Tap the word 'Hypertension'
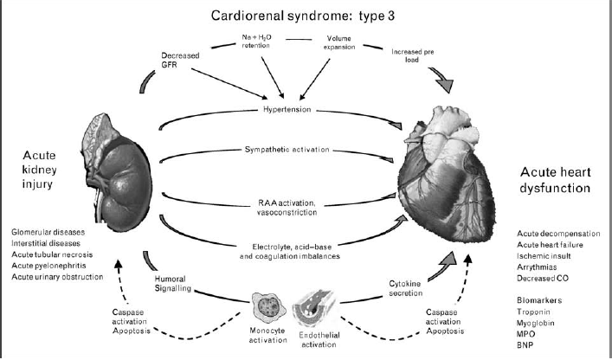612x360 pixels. coord(287,111)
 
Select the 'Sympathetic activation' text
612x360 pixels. coord(287,150)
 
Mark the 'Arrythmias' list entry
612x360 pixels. coord(539,268)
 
